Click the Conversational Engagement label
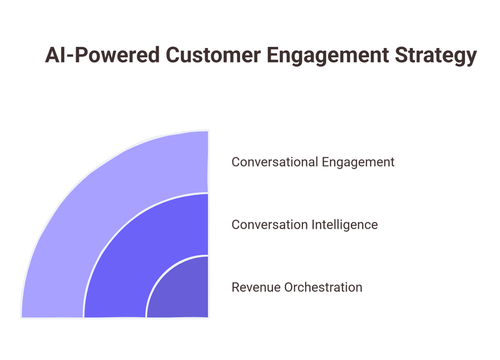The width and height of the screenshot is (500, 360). (312, 162)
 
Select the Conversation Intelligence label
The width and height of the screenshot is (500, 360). (304, 224)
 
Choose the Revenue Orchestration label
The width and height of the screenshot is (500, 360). (297, 287)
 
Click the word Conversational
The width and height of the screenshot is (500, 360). (274, 162)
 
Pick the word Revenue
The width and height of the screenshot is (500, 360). (256, 287)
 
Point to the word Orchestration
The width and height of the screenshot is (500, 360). (322, 287)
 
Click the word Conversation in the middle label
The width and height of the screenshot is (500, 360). (267, 224)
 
